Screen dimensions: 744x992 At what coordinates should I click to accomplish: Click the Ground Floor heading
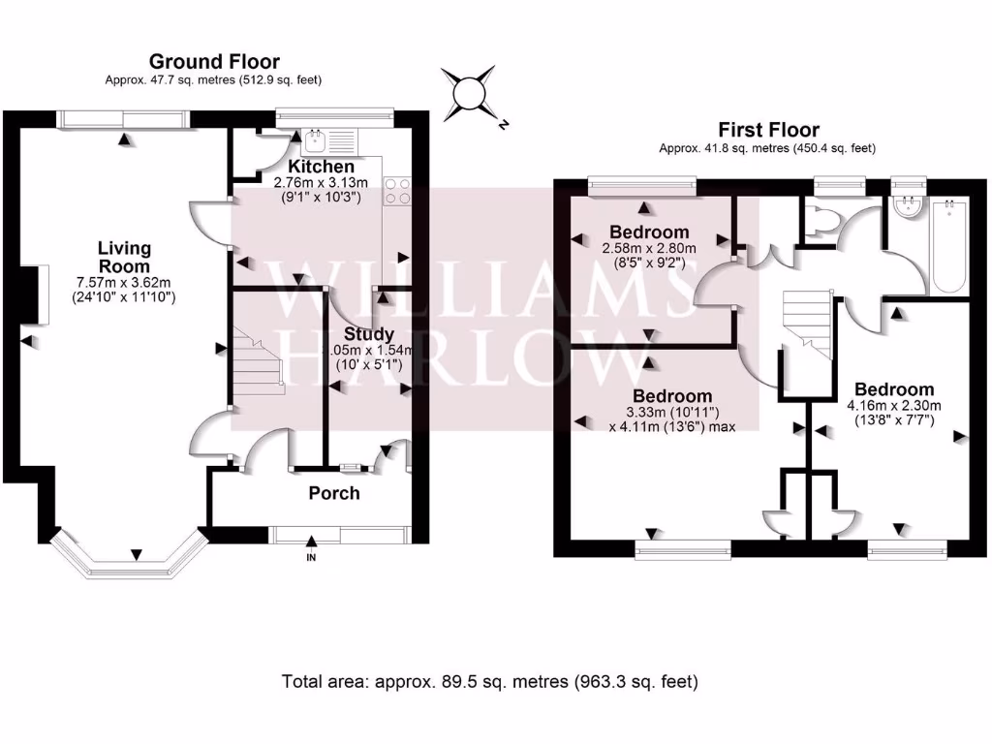point(214,62)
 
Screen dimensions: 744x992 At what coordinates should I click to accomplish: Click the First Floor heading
point(767,130)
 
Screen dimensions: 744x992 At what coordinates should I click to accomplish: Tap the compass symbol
point(472,93)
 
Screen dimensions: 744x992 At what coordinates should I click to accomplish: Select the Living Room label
point(123,257)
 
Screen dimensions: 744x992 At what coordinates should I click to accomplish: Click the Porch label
point(334,493)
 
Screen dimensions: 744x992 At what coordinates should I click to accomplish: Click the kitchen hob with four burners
point(396,190)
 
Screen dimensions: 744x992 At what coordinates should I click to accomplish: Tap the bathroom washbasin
point(909,205)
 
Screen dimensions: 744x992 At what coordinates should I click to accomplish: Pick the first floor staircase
point(807,325)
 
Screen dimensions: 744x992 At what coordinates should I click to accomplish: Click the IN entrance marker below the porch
point(311,559)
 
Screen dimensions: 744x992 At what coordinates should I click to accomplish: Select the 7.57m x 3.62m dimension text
point(123,283)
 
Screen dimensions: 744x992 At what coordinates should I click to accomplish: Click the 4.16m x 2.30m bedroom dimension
point(894,406)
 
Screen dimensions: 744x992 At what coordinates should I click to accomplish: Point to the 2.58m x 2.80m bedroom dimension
point(648,248)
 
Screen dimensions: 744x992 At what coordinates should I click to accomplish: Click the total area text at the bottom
point(489,681)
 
